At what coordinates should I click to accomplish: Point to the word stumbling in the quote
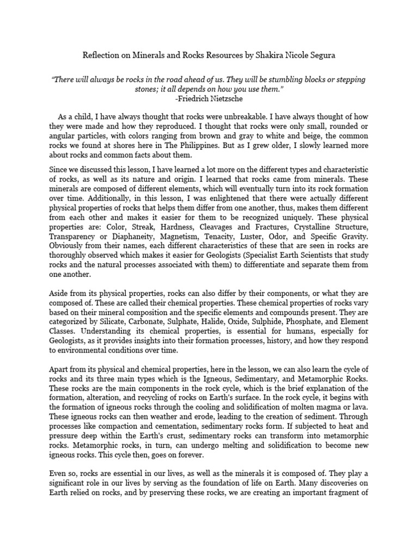(280, 80)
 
